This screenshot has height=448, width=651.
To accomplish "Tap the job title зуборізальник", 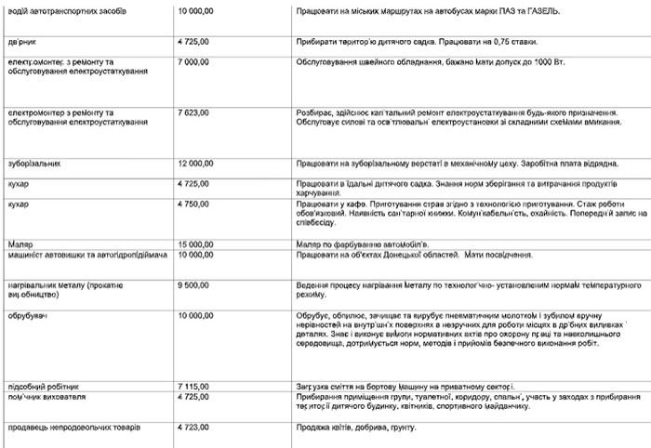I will [x=33, y=164].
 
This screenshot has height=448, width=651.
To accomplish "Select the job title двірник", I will [x=23, y=42].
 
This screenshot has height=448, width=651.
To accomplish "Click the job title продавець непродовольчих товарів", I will [x=73, y=428].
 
